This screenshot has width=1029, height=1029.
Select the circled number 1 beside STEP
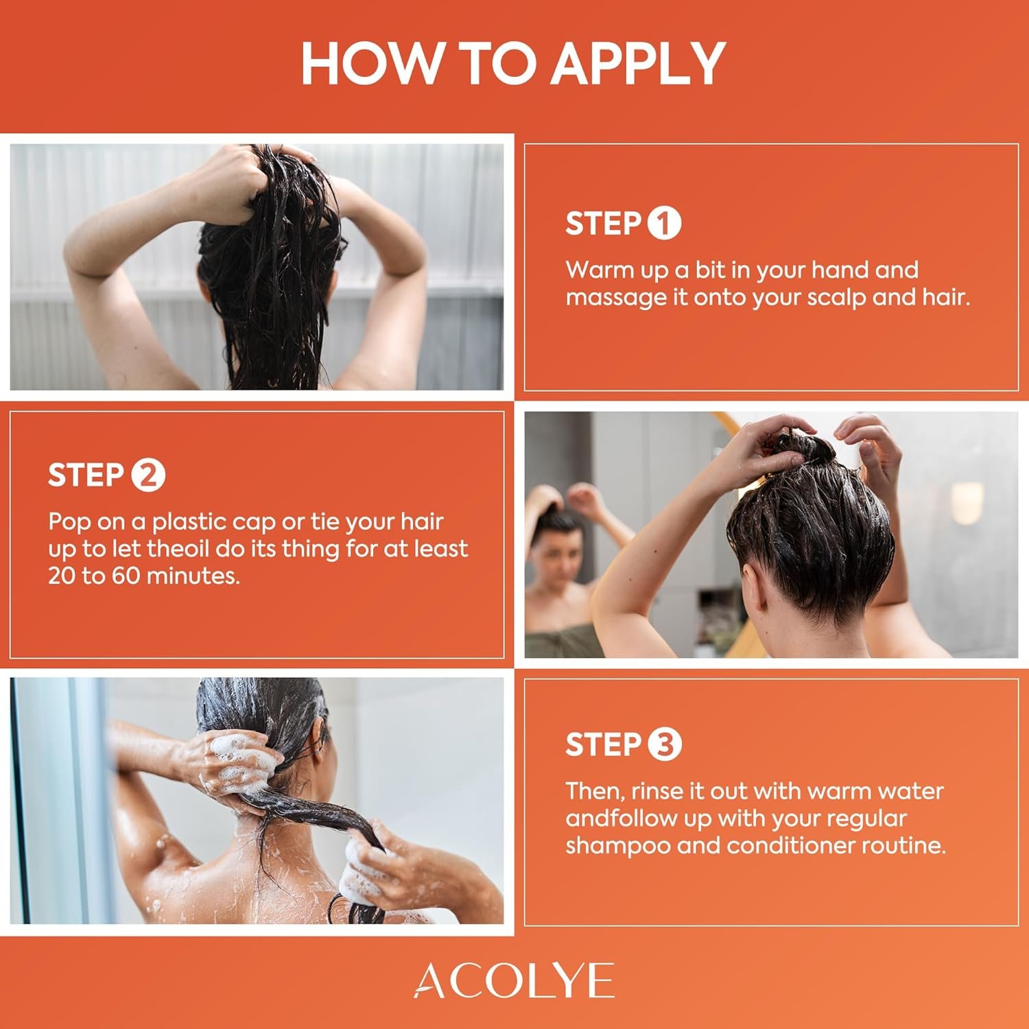tap(664, 224)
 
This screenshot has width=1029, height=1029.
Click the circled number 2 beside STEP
tap(148, 475)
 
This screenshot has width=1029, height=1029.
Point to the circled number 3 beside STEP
tap(664, 745)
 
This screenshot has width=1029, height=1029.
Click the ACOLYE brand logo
tap(514, 980)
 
